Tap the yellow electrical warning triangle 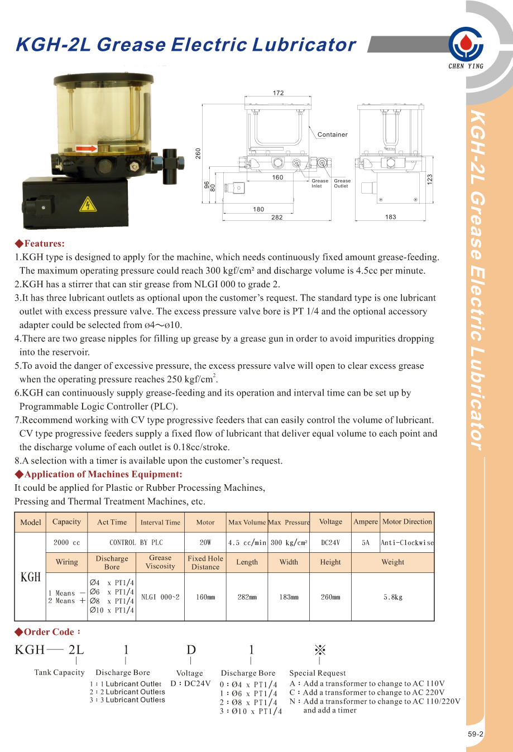coord(88,205)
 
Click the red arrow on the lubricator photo coord(86,148)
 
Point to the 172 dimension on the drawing coord(278,93)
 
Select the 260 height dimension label coord(198,153)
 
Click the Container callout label coord(332,134)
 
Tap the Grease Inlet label coord(320,184)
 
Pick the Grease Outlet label coord(342,184)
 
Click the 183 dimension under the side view coord(390,217)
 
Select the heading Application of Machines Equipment coord(103,474)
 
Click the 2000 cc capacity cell coord(66,542)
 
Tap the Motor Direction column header coord(407,522)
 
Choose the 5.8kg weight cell coord(392,597)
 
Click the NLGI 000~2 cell coord(160,597)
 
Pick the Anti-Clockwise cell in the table coord(407,542)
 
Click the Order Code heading coord(49,632)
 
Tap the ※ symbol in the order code coord(320,650)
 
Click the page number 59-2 coord(476,734)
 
